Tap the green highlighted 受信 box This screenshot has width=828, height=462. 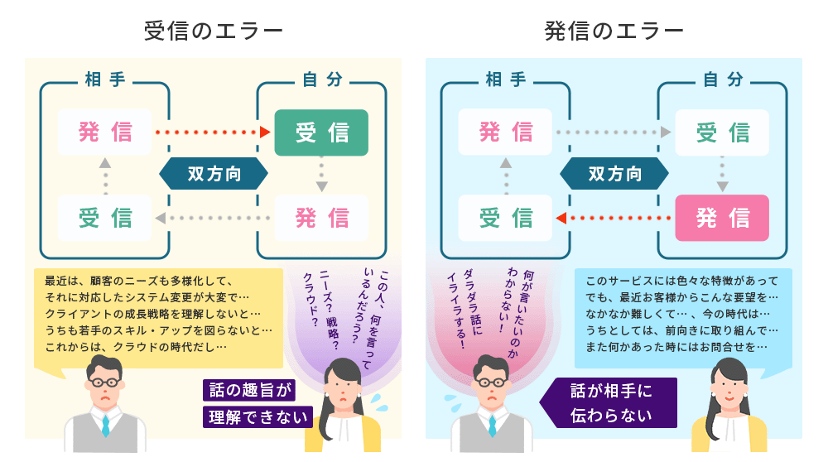321,132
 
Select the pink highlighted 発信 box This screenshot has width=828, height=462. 722,218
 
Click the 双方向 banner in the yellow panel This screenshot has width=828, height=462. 214,174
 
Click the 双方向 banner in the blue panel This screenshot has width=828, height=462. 614,174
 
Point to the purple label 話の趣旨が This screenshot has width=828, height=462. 248,391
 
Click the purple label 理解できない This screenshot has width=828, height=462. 257,416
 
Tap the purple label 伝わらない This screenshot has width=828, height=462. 610,415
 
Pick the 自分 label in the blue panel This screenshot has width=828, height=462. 722,80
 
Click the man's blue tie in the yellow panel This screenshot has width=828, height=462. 106,425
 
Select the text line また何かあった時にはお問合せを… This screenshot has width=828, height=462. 675,347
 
